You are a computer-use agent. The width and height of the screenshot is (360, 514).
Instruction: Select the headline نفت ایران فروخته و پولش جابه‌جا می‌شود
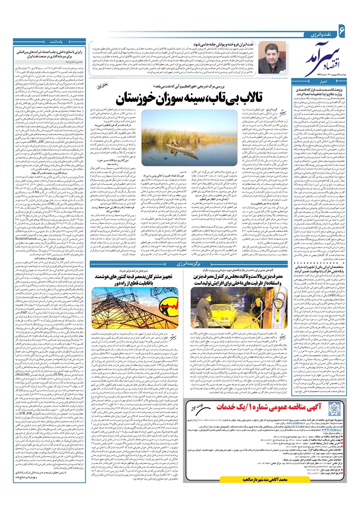(x=218, y=45)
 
